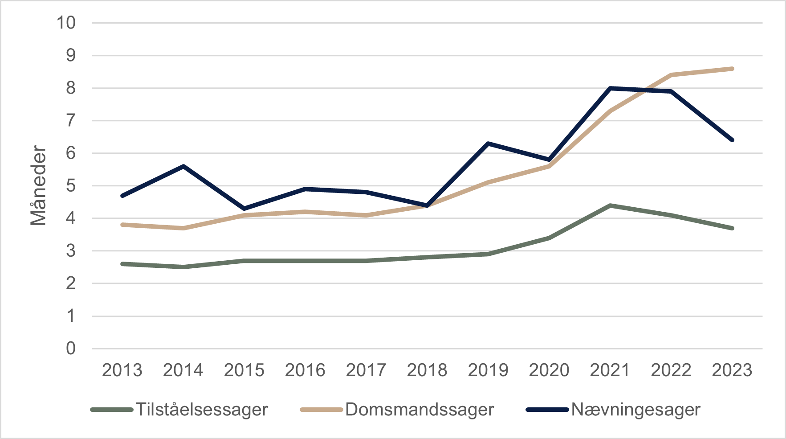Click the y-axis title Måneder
click(x=38, y=186)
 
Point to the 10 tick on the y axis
click(x=66, y=23)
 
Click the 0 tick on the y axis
click(x=71, y=349)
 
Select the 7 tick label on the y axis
click(x=71, y=121)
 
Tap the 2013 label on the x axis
click(x=122, y=370)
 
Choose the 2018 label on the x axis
click(x=427, y=370)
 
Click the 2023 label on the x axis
click(x=732, y=370)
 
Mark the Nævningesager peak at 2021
click(x=610, y=88)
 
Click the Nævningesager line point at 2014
click(x=183, y=166)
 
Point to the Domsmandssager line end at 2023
click(x=732, y=69)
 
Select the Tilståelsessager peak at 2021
click(x=610, y=205)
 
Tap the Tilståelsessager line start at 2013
click(x=122, y=264)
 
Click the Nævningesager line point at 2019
click(x=488, y=144)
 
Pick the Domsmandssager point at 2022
click(x=671, y=75)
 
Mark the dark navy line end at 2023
click(x=732, y=140)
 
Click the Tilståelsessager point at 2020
click(x=549, y=238)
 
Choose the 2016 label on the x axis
click(x=305, y=370)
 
